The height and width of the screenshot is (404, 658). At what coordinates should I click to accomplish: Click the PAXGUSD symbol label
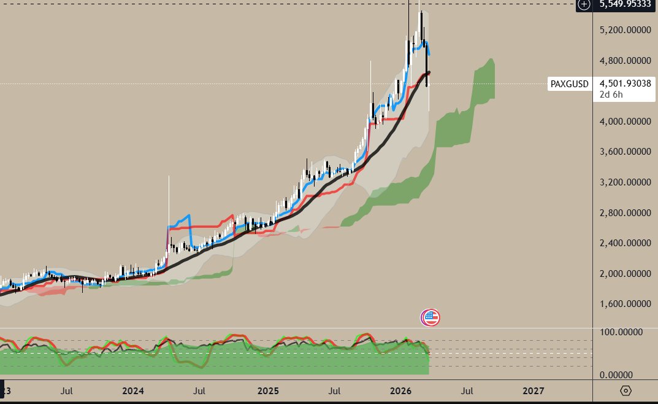coord(570,84)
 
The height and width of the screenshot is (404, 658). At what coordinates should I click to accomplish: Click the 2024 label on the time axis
coord(132,390)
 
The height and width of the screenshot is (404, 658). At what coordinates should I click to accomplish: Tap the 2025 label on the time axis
coord(267,390)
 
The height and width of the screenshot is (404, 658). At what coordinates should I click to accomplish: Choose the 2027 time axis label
coord(533,390)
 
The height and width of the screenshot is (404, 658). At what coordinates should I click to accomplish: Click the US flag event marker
coord(430,317)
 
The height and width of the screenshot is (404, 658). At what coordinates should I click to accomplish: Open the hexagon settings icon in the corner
coord(625,390)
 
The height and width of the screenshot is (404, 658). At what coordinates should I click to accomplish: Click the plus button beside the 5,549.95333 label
coord(584,4)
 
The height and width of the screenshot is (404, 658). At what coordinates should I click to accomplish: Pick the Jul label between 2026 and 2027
coord(467,390)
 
